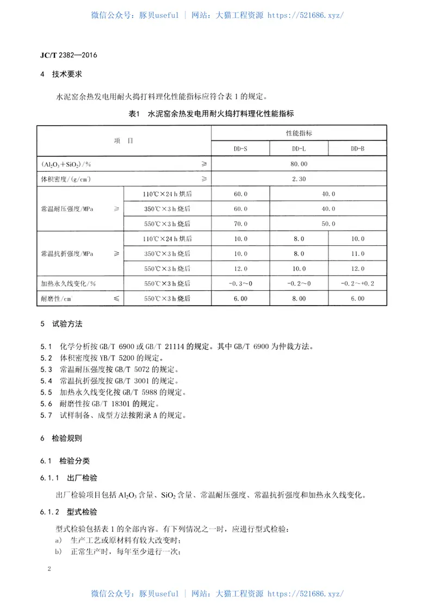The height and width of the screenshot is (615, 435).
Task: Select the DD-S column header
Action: pyautogui.click(x=240, y=148)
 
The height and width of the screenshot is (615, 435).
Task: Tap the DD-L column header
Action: pyautogui.click(x=299, y=148)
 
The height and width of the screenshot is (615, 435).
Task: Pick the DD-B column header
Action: pyautogui.click(x=357, y=148)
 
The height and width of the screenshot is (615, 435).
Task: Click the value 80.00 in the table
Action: pyautogui.click(x=299, y=163)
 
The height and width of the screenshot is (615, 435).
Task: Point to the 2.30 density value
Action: pyautogui.click(x=299, y=178)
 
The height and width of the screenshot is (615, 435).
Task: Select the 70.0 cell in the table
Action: pyautogui.click(x=240, y=223)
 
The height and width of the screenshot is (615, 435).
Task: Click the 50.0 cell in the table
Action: pyautogui.click(x=328, y=223)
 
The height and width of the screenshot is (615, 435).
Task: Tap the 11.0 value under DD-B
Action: pyautogui.click(x=357, y=253)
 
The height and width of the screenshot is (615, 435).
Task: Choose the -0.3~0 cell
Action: pyautogui.click(x=240, y=283)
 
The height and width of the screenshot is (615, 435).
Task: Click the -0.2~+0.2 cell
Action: pyautogui.click(x=357, y=283)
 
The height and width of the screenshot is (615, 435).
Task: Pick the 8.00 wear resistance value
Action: pyautogui.click(x=299, y=299)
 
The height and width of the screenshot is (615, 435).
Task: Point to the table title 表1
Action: pyautogui.click(x=134, y=113)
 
